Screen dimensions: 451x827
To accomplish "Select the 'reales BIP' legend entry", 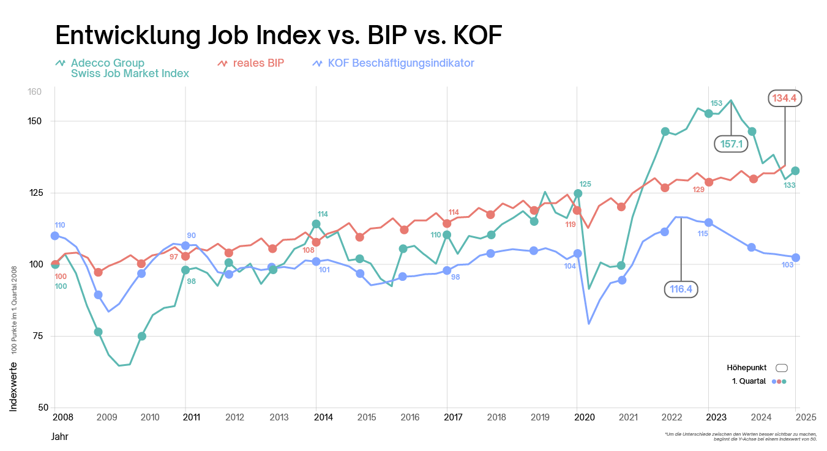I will coord(258,63).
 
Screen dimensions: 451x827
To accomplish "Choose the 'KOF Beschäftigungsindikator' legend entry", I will coord(400,63).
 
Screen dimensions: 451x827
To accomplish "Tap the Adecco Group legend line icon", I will coord(60,63).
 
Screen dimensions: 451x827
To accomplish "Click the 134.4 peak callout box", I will coord(785,98).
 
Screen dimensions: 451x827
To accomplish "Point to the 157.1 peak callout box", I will coord(731,144).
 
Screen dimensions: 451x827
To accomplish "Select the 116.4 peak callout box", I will coord(681,289).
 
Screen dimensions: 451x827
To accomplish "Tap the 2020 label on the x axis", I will coord(585,417).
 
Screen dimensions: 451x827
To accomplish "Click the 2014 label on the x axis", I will coord(323,417).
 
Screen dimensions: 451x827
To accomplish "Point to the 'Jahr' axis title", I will coord(59,437).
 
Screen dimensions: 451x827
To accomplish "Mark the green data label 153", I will coord(716,103).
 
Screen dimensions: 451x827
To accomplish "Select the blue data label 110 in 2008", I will coord(59,225).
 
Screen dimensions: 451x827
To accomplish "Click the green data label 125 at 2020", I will coord(585,184).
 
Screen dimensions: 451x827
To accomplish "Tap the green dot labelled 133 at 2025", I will coord(795,171).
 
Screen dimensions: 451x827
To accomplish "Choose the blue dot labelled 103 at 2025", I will coord(795,258).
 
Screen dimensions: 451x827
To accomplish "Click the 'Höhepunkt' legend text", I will coord(746,368).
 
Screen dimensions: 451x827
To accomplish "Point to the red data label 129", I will coord(698,190).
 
